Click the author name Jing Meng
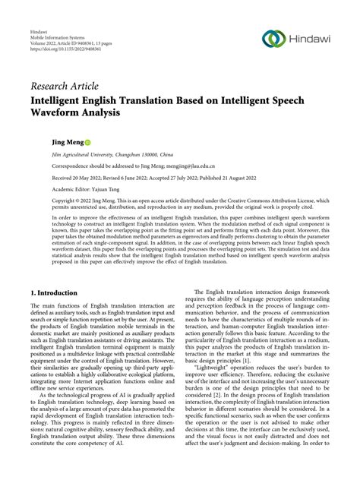47,141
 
